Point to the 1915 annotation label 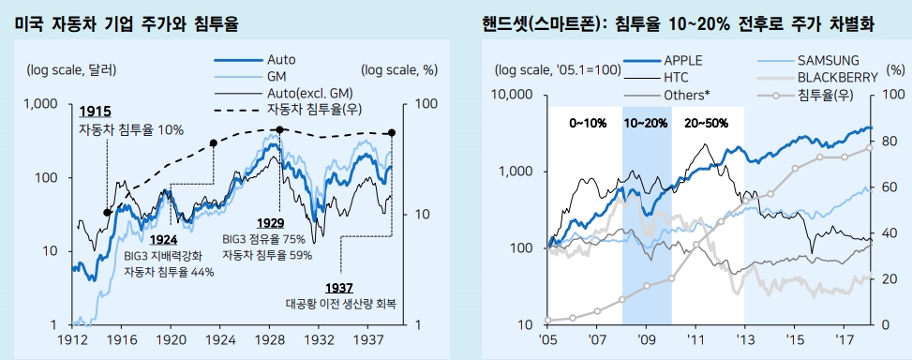pos(96,111)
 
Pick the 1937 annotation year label pos(340,287)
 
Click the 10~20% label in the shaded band pos(646,123)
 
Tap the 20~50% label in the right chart pos(704,123)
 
